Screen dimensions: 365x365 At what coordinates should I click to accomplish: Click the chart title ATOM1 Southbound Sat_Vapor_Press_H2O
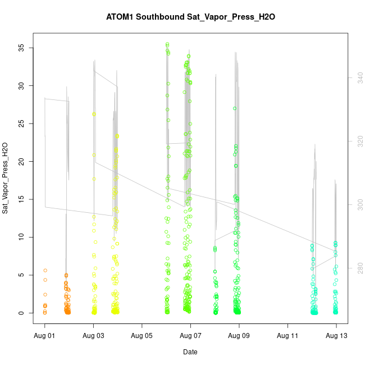(x=190, y=17)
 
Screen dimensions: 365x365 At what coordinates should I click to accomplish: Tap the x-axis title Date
(x=190, y=352)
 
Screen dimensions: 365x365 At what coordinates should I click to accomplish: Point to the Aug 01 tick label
(x=45, y=336)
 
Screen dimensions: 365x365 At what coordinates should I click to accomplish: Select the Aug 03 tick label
(x=93, y=336)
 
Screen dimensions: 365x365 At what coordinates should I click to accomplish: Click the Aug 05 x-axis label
(x=142, y=336)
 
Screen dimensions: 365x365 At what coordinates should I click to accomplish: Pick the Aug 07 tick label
(x=190, y=336)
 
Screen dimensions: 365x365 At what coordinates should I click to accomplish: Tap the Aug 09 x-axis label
(x=239, y=336)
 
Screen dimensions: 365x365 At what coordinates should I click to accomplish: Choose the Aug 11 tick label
(x=288, y=336)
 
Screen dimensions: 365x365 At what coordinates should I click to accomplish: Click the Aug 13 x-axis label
(x=336, y=336)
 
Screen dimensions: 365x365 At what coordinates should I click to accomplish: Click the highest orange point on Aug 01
(x=45, y=270)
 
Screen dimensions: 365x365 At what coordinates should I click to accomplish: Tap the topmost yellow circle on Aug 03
(x=94, y=114)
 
